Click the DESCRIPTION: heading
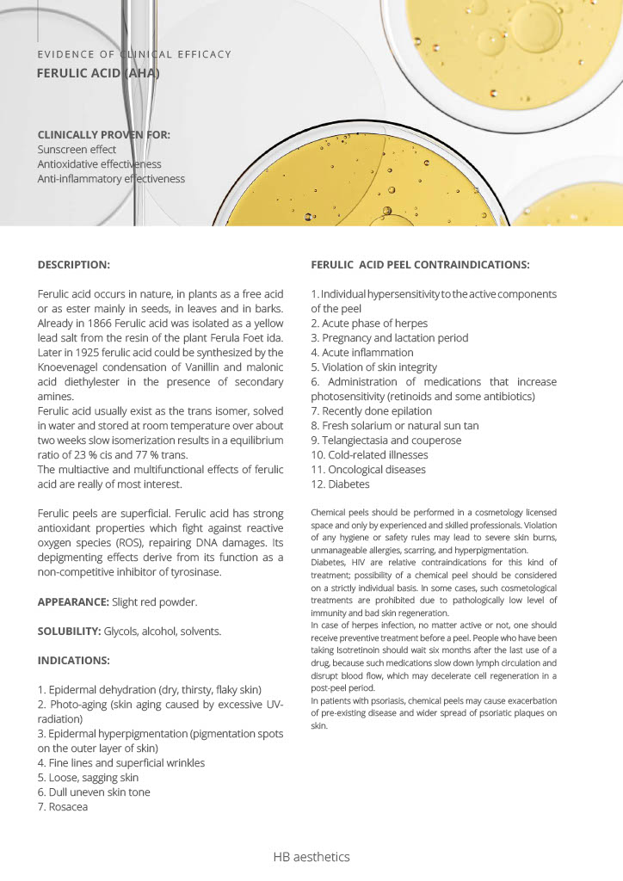(74, 264)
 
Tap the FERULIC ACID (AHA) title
(98, 74)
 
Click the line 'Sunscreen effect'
(77, 149)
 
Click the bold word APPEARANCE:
(73, 601)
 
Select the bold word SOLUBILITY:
(69, 631)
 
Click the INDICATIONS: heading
(74, 661)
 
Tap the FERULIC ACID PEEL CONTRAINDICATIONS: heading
(420, 264)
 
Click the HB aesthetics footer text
(311, 857)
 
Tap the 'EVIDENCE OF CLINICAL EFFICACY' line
(134, 54)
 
